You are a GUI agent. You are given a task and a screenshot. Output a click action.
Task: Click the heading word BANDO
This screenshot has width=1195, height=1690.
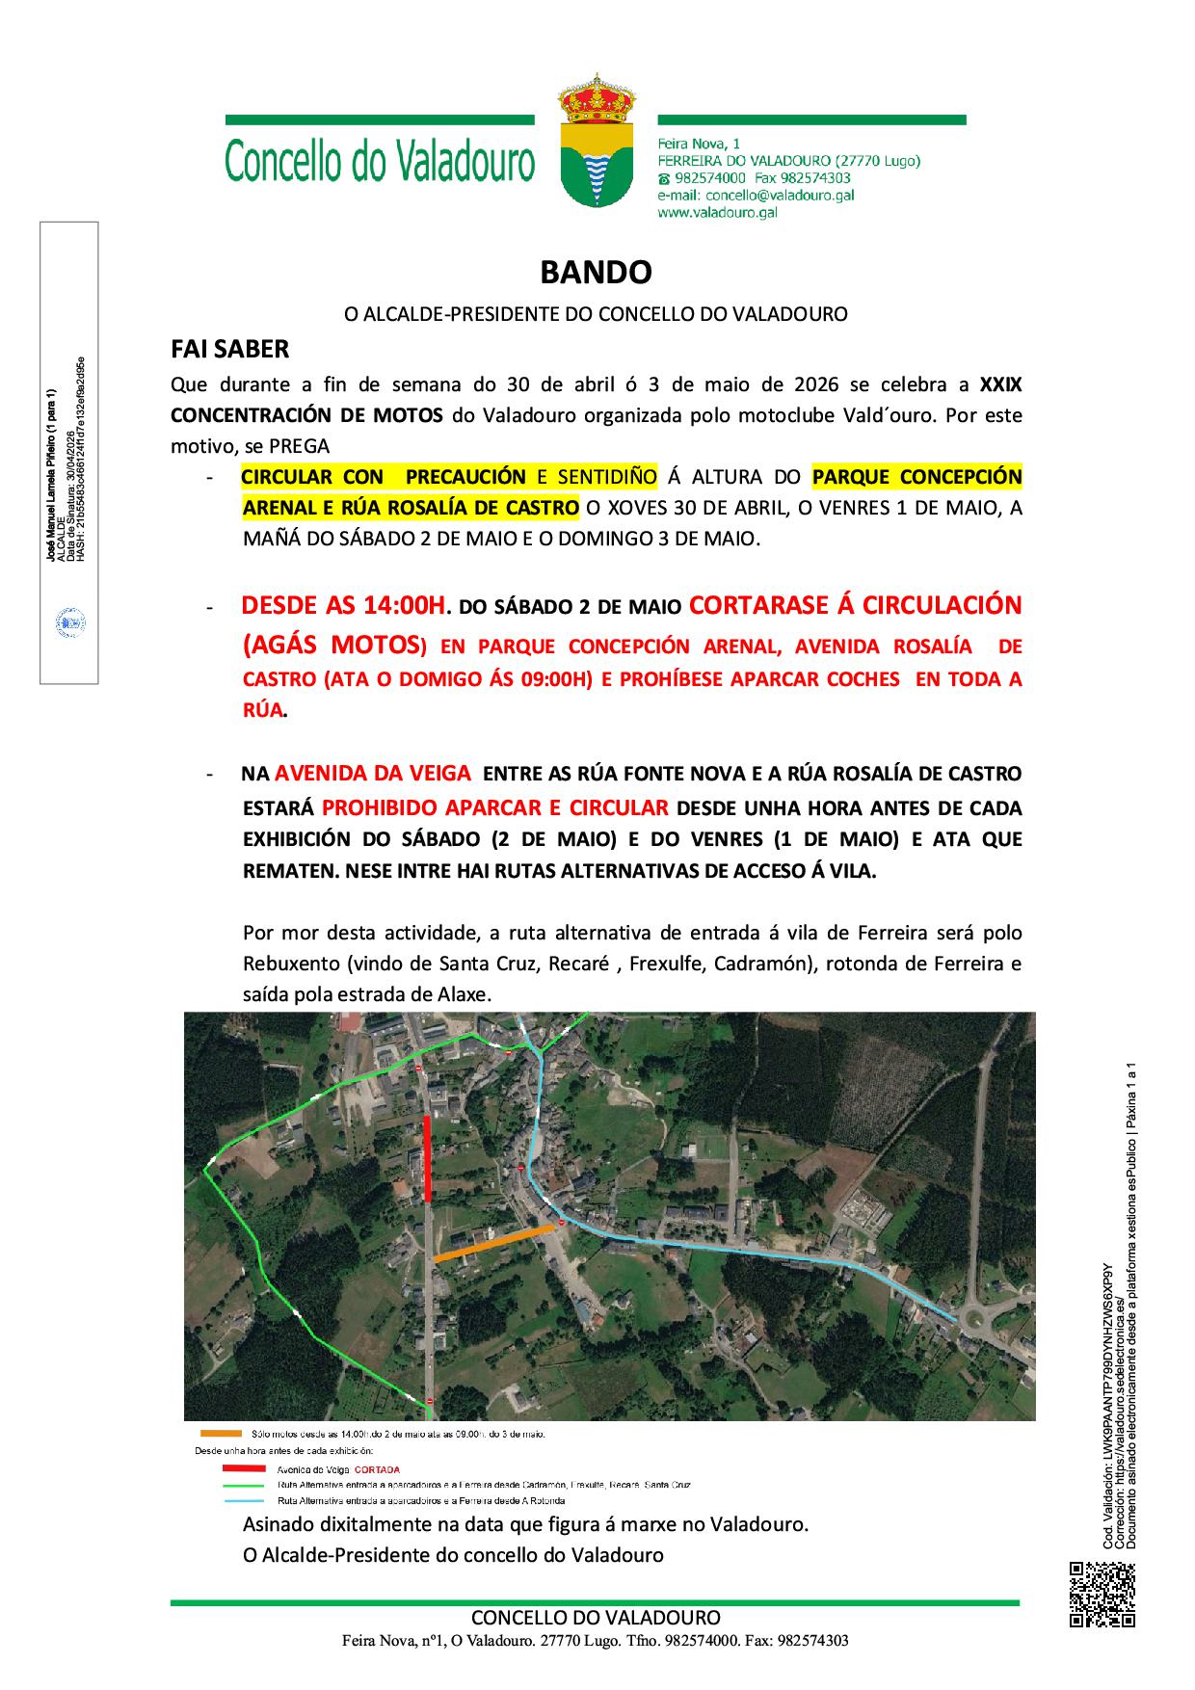tap(596, 273)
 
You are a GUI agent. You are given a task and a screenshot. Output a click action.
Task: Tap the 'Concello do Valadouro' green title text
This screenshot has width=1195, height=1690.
tap(380, 162)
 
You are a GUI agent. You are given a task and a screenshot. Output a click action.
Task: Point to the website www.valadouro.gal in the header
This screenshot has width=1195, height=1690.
tap(717, 212)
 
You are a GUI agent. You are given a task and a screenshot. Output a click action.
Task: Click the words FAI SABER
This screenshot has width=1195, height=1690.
tap(229, 348)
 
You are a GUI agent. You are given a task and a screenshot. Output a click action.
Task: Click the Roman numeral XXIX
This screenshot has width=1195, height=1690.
tap(1000, 384)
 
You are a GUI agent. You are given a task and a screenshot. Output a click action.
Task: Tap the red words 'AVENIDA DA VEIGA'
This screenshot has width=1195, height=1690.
tap(373, 773)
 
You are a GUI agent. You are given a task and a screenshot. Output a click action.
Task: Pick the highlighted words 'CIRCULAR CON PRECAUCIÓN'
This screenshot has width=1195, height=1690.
tap(383, 476)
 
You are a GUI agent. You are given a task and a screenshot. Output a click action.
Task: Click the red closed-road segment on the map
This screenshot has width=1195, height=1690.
tap(427, 1156)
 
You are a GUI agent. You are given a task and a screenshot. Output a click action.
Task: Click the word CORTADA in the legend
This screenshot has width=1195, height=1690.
tap(377, 1470)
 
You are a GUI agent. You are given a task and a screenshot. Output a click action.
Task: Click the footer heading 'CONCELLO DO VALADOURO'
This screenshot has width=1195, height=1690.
tap(596, 1618)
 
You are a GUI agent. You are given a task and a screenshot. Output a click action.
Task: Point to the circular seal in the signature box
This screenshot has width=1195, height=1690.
tap(69, 621)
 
